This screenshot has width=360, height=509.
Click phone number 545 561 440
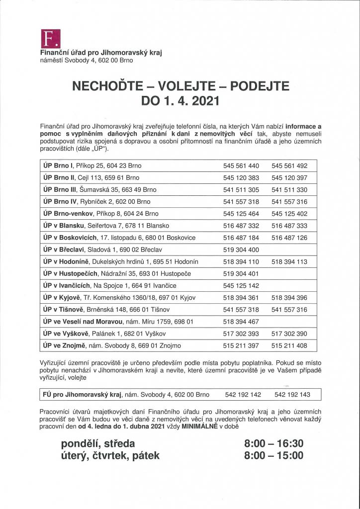click(241, 166)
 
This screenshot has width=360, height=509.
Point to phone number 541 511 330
click(289, 189)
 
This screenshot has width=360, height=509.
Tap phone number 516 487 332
click(241, 225)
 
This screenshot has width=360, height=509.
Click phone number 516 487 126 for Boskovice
click(289, 237)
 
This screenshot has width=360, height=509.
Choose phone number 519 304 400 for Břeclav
click(241, 249)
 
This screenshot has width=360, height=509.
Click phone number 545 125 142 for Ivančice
click(241, 285)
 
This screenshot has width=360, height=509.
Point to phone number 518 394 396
click(289, 297)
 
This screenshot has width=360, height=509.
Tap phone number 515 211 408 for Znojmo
click(289, 345)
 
